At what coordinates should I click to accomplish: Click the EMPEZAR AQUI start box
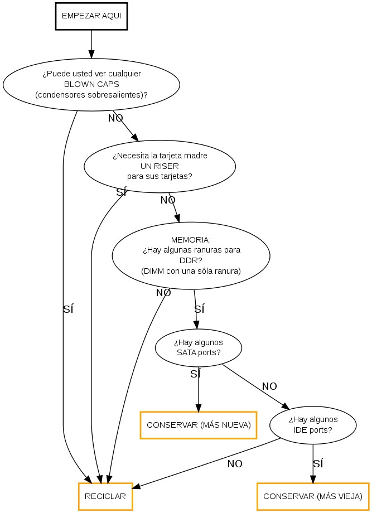[x=91, y=16]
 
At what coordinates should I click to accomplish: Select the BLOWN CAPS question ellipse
[x=91, y=84]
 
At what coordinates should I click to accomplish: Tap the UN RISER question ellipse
[x=160, y=166]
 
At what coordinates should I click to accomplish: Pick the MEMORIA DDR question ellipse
[x=191, y=255]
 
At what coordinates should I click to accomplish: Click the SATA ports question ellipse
[x=198, y=347]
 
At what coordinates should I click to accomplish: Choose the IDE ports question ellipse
[x=313, y=425]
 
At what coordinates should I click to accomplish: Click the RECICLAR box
[x=105, y=496]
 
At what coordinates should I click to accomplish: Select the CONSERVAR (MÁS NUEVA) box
[x=198, y=425]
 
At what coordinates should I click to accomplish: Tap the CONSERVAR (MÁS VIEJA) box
[x=313, y=496]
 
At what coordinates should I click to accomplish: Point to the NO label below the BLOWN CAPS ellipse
[x=115, y=118]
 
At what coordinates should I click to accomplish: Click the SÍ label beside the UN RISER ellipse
[x=121, y=192]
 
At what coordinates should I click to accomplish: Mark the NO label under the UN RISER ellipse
[x=168, y=200]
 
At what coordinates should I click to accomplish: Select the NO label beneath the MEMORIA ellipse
[x=163, y=293]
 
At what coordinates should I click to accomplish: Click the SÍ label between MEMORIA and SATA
[x=199, y=308]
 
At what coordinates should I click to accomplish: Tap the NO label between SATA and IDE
[x=269, y=386]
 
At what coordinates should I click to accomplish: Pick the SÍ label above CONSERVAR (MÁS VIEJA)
[x=318, y=463]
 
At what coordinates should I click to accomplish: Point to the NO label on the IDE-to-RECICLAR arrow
[x=235, y=463]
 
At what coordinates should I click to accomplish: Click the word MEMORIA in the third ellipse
[x=191, y=239]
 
